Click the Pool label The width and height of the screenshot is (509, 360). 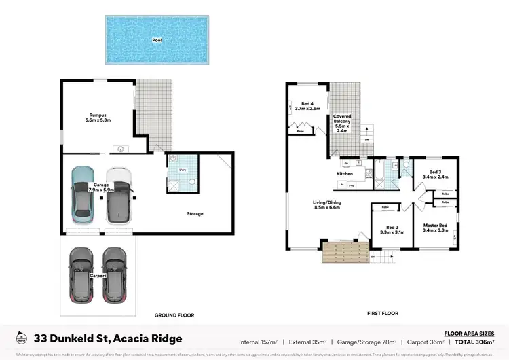point(157,40)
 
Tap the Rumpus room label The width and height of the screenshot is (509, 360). point(98,115)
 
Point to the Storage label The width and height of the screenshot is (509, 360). point(195,213)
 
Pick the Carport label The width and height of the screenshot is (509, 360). point(99,276)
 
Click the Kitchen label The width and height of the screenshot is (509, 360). point(345,174)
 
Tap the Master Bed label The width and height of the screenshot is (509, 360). point(434,228)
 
